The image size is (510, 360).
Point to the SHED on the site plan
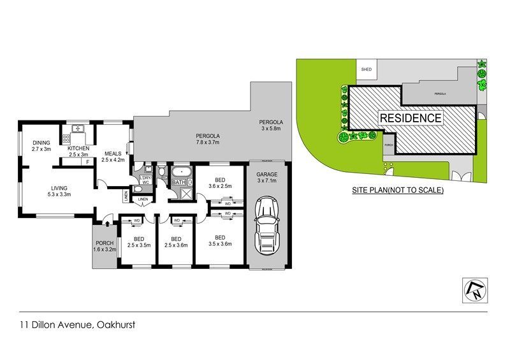[x=366, y=69]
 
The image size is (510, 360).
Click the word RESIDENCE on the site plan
[x=411, y=118]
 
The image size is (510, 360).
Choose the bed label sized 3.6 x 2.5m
[x=219, y=182]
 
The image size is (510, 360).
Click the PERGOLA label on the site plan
[x=439, y=93]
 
